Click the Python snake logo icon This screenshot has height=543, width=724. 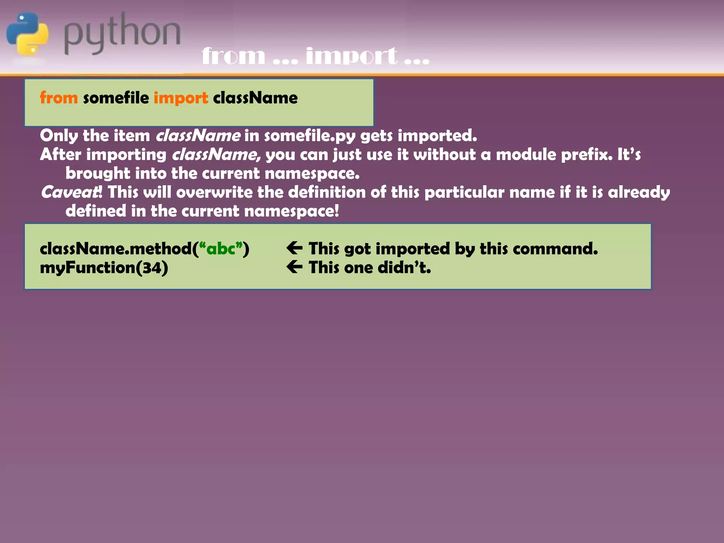click(28, 34)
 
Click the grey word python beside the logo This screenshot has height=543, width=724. click(122, 34)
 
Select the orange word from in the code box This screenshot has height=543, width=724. click(59, 98)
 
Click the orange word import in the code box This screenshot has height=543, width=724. click(181, 98)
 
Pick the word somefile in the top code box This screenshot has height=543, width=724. click(116, 98)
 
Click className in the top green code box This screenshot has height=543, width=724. click(255, 98)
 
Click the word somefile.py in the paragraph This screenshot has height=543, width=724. click(310, 136)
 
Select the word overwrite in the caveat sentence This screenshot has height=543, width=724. click(214, 192)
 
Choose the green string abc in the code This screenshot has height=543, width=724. click(221, 249)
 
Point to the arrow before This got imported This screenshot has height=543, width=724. click(294, 248)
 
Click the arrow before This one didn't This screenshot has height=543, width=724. click(294, 267)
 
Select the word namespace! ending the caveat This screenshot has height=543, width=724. click(291, 211)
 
